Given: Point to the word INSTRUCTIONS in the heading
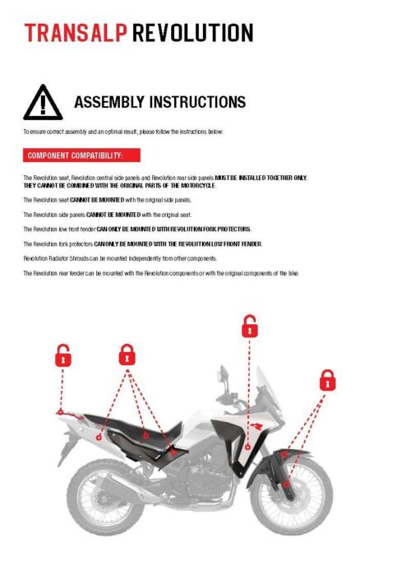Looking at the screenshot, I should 198,103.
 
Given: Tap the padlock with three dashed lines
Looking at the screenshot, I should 127,355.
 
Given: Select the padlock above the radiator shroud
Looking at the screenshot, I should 249,327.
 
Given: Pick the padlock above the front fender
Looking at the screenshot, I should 326,380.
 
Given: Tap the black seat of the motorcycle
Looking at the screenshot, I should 132,428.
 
